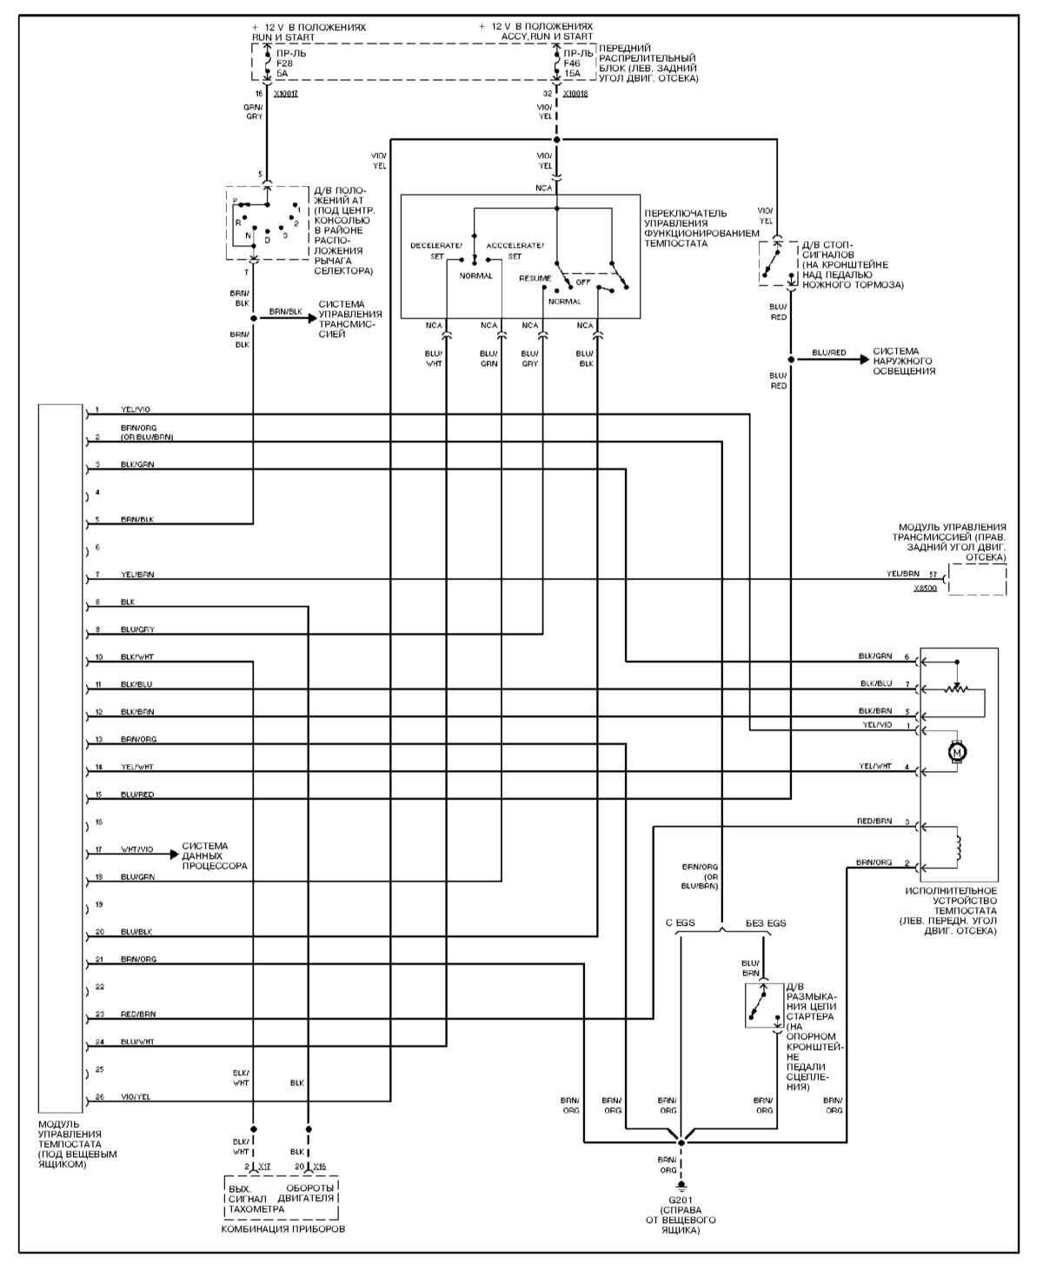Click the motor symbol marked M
(957, 750)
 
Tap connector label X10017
(285, 94)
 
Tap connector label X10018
(575, 94)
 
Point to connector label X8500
(925, 589)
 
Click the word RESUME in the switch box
(535, 278)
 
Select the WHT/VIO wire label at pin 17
(136, 849)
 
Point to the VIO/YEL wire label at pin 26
(136, 1097)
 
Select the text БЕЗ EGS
(765, 922)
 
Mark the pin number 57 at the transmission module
(933, 575)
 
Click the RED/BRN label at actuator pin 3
(874, 821)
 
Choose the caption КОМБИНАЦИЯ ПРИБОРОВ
(282, 1229)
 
